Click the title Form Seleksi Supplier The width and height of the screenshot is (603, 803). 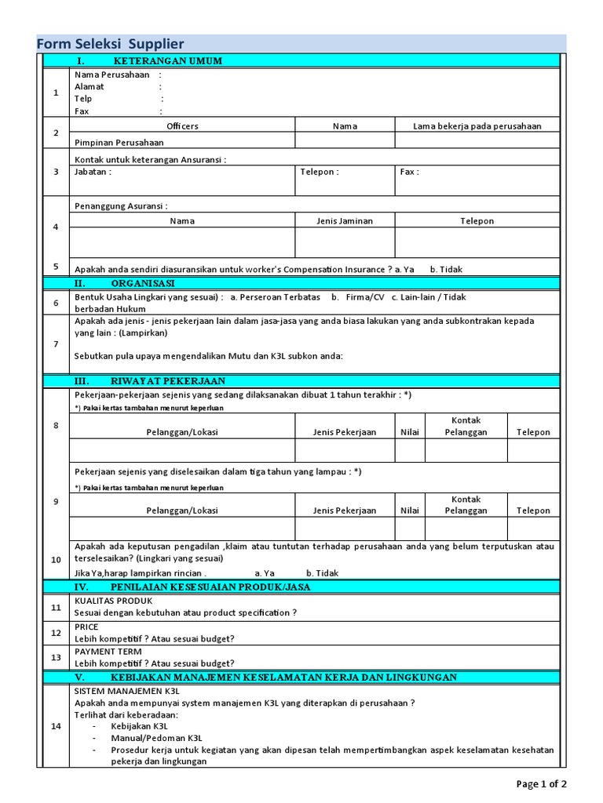coord(111,44)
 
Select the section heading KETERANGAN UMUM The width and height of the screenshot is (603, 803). coord(167,60)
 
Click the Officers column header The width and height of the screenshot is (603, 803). coord(182,125)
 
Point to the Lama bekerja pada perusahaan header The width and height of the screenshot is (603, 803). coord(477,125)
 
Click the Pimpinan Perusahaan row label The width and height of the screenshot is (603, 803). coord(119,142)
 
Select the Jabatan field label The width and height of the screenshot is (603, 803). coord(93,171)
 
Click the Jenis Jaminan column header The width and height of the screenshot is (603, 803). coord(345,221)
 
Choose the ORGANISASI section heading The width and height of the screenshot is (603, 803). coord(143,282)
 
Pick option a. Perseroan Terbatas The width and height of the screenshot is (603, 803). coord(276,297)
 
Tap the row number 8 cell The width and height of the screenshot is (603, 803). coord(56,425)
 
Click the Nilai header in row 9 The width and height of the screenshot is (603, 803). coord(410,511)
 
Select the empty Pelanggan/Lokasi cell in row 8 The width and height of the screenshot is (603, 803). coord(182,450)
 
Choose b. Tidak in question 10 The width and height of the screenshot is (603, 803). coord(322,573)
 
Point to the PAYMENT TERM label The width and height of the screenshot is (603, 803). coord(108,651)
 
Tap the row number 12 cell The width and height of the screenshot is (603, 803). coord(56,632)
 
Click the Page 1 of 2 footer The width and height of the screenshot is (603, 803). coord(541,783)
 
